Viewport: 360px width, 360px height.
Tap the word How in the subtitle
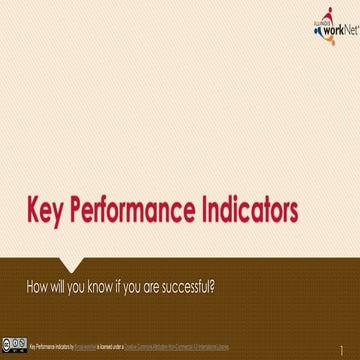[38, 286]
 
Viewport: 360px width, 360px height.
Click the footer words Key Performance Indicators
[51, 344]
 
